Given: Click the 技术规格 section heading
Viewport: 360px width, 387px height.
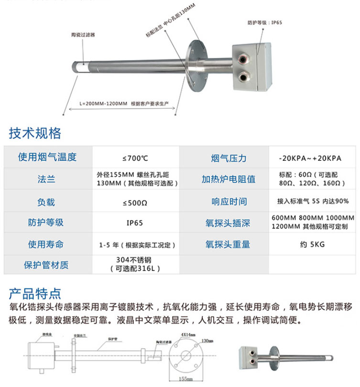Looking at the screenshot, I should [x=35, y=133].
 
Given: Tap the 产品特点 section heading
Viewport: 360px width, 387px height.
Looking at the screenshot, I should [x=35, y=292].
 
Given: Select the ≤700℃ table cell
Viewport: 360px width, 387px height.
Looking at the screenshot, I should [x=135, y=158].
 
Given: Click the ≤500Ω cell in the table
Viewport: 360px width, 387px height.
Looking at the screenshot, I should [x=135, y=202].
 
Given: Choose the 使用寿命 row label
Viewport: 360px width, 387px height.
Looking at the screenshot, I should [x=46, y=244].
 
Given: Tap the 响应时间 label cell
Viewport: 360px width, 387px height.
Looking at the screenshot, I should [x=229, y=202].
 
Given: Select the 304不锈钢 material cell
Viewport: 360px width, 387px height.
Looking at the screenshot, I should [x=135, y=264].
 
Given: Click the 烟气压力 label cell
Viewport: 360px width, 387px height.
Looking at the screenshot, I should [x=229, y=158].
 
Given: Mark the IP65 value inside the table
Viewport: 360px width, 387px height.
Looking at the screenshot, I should [x=135, y=223].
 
